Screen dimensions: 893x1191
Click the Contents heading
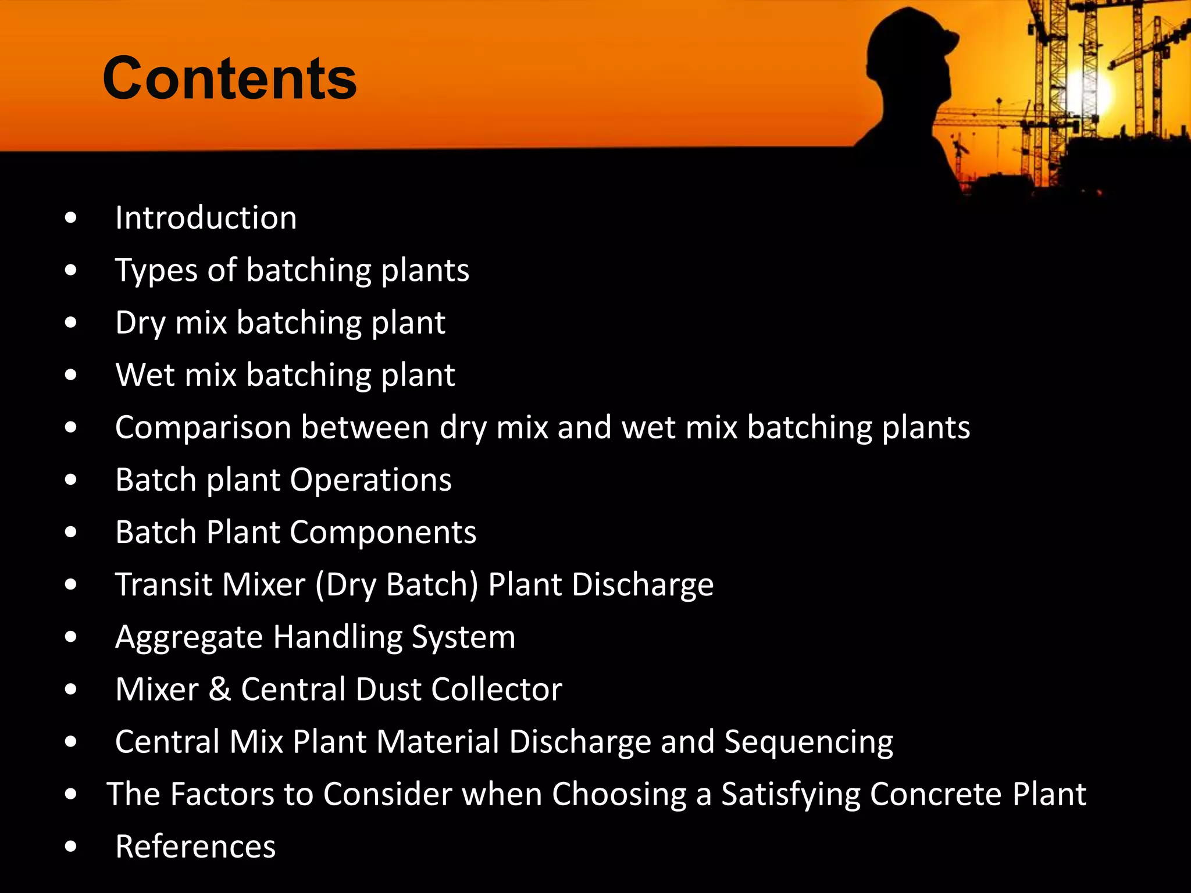click(x=229, y=78)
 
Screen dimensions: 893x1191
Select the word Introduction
click(x=206, y=218)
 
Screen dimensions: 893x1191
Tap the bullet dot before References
click(x=71, y=846)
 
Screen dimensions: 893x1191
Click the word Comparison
click(x=203, y=428)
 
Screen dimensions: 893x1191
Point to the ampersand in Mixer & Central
click(x=220, y=690)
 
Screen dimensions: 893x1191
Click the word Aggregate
click(x=189, y=638)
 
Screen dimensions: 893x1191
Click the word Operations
click(x=370, y=480)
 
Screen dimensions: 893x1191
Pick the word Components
click(x=383, y=533)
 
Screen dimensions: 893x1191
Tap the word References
click(x=195, y=846)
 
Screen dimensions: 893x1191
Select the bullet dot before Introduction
click(x=71, y=218)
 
